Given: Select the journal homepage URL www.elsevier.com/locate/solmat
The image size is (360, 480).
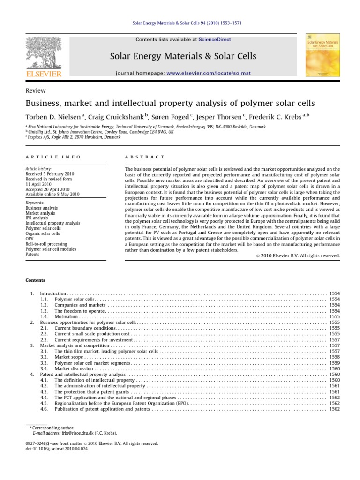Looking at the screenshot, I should (x=207, y=74).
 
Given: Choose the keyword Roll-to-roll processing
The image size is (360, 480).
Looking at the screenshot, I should (x=46, y=244).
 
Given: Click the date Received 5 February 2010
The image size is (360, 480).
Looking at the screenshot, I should (x=50, y=173).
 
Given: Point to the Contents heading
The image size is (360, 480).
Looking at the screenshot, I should (x=36, y=280).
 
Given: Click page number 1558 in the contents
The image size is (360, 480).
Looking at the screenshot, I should (x=335, y=357).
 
